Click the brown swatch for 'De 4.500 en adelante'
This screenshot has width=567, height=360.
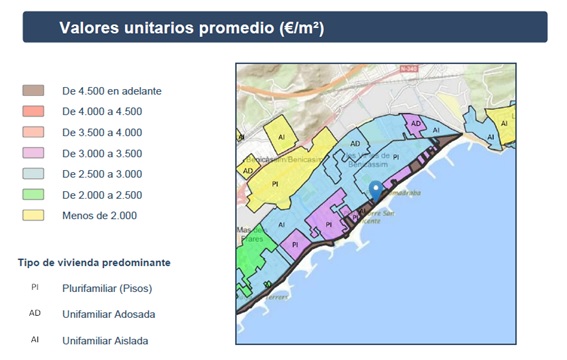[x=33, y=90]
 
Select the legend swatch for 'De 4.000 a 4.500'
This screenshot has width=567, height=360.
[x=33, y=111]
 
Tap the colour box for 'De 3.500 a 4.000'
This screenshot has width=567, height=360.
[x=33, y=132]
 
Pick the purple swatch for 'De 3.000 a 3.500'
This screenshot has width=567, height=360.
[x=33, y=153]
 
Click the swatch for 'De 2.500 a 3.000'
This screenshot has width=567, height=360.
[x=33, y=174]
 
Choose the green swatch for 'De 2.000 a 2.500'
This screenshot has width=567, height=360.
[x=33, y=194]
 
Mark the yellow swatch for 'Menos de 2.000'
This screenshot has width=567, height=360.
[x=33, y=215]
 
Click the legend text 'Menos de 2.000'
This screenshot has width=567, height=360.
[x=99, y=215]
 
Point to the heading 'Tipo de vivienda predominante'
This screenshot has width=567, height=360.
[x=93, y=262]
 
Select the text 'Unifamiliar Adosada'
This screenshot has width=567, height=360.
[x=108, y=314]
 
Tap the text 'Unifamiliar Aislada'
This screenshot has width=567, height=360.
[x=105, y=341]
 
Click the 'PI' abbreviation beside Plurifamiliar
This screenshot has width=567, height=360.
[x=34, y=288]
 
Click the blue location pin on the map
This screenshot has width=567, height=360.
[x=375, y=189]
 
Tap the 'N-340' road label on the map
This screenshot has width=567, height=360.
[x=406, y=68]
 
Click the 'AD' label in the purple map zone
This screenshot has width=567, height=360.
[x=414, y=123]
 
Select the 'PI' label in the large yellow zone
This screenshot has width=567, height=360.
[x=275, y=184]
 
